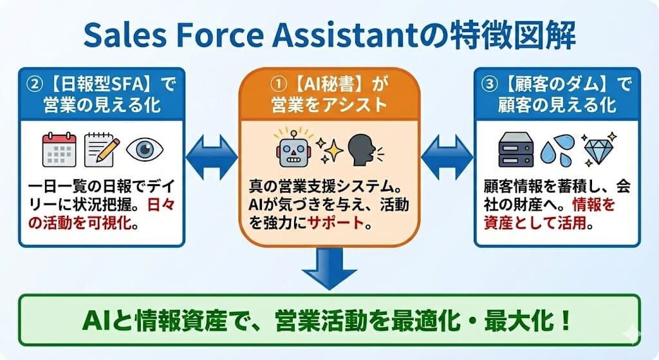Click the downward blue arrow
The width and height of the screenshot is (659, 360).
click(329, 270)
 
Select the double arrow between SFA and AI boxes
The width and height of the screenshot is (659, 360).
click(211, 156)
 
